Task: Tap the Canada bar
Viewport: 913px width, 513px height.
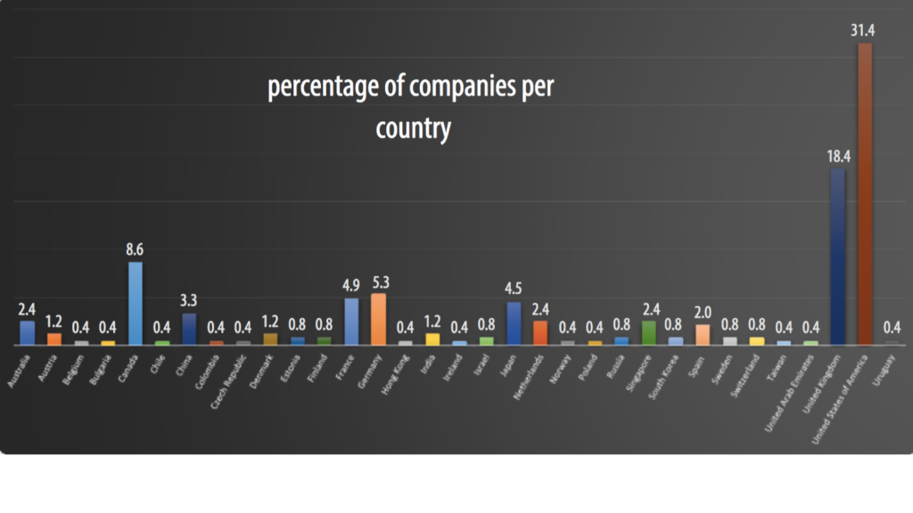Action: click(136, 303)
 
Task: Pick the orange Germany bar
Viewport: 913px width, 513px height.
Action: click(378, 319)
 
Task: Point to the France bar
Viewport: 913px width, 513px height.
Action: click(351, 322)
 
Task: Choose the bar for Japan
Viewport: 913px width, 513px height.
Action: click(514, 323)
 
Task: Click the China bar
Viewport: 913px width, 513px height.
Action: click(189, 329)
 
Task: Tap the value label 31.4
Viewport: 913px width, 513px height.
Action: click(863, 30)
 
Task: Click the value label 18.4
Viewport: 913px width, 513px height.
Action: click(837, 156)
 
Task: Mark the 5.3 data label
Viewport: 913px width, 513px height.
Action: click(378, 282)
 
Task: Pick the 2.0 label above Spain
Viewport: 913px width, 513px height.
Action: click(703, 313)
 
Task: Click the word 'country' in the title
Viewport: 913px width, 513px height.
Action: click(413, 129)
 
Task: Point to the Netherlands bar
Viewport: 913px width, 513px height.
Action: click(540, 332)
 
